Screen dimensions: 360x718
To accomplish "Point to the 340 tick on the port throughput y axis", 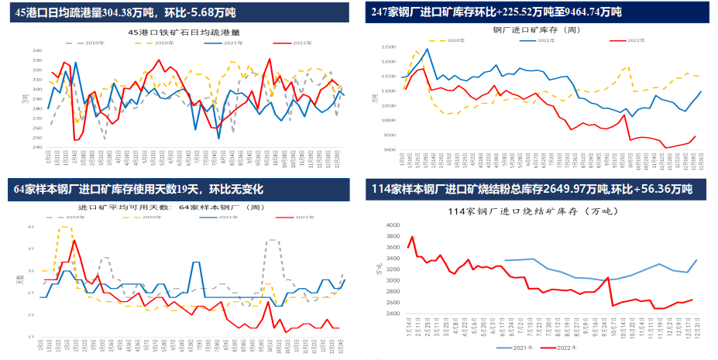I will point(37,50).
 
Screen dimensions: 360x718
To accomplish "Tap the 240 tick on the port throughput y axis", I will point(37,147).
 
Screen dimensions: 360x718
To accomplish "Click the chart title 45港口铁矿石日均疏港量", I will point(183,33).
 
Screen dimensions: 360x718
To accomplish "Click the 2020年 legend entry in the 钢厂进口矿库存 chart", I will point(453,39).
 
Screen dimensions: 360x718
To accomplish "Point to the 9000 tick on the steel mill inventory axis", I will point(388,150).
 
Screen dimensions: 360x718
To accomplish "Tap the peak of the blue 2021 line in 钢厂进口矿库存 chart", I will point(426,49).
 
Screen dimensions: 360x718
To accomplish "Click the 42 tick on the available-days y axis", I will point(31,227).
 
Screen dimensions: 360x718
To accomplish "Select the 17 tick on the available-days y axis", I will point(31,337).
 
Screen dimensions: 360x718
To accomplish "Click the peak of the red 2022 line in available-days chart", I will point(74,240).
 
